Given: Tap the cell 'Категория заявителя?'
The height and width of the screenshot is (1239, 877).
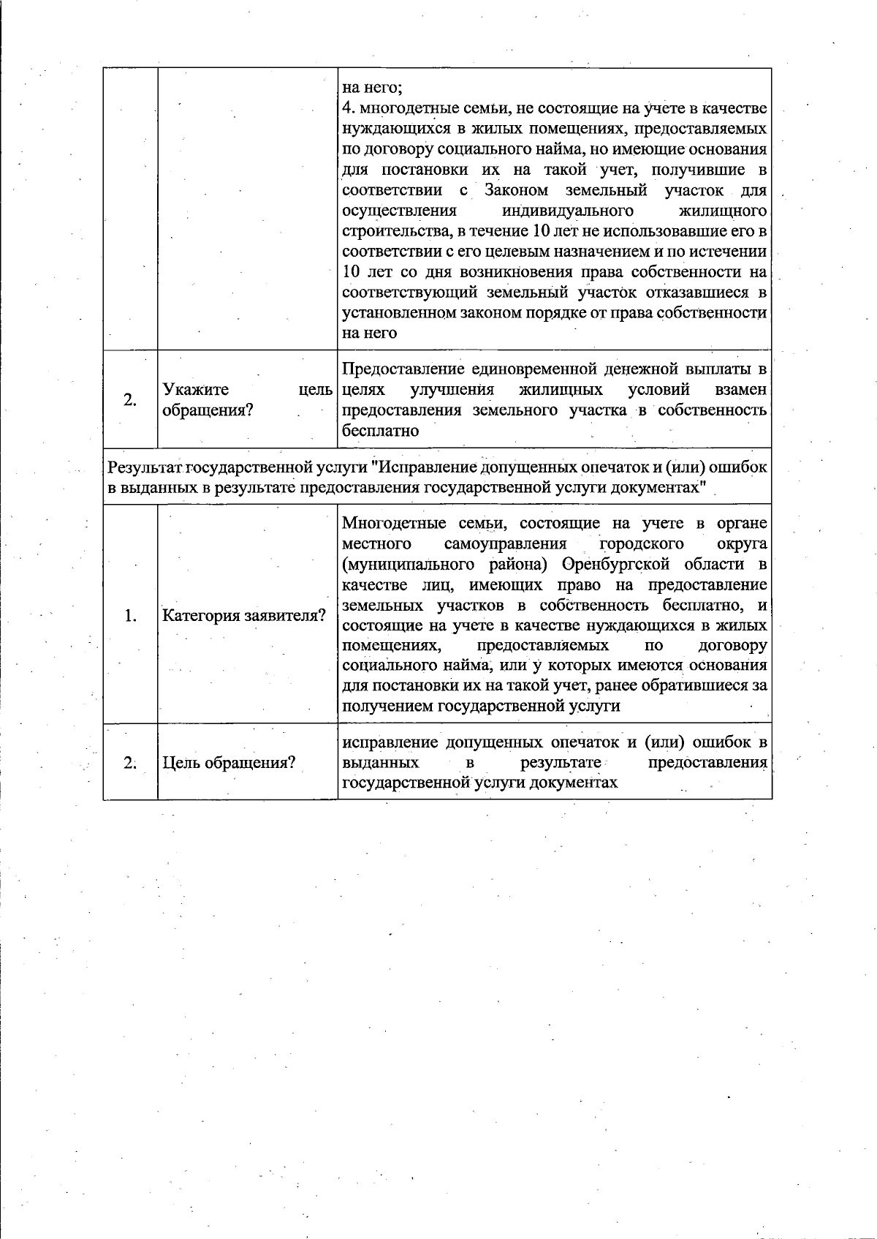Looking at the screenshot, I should tap(244, 615).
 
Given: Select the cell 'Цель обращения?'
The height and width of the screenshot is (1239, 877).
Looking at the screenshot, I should tap(229, 763).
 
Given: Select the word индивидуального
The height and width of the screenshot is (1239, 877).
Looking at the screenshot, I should tap(568, 211).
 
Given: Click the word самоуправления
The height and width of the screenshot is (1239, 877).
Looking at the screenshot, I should tap(505, 544).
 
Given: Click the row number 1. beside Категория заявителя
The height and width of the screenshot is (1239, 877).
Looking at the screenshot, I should tap(130, 615).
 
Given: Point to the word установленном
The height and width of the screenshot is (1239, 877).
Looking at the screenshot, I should tap(399, 313).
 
